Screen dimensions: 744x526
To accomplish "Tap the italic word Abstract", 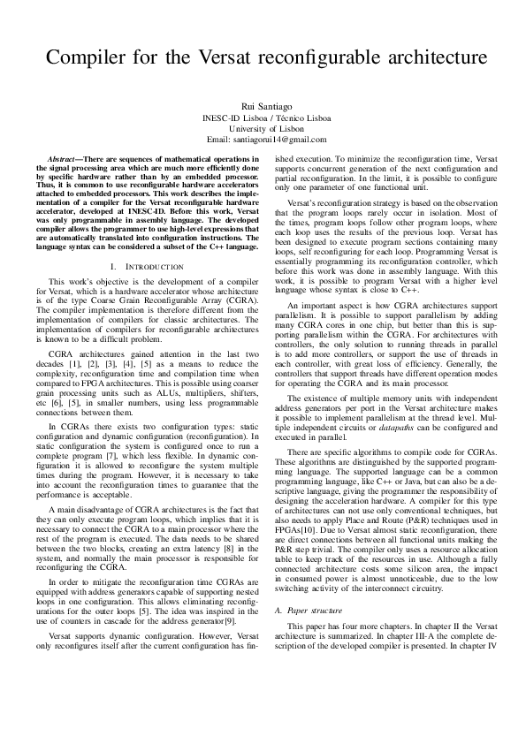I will (x=66, y=157).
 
